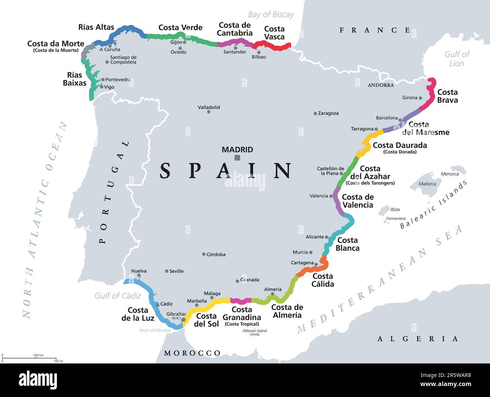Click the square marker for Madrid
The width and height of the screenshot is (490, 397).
pyautogui.click(x=237, y=158)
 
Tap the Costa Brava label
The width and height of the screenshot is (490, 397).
pyautogui.click(x=447, y=96)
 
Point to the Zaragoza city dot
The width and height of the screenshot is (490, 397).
pyautogui.click(x=315, y=113)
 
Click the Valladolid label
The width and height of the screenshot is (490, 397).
pyautogui.click(x=209, y=107)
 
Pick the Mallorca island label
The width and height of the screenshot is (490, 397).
pyautogui.click(x=427, y=184)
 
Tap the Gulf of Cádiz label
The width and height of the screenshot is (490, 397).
pyautogui.click(x=118, y=296)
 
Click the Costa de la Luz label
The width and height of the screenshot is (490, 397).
pyautogui.click(x=138, y=314)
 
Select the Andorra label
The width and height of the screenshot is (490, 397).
pyautogui.click(x=380, y=85)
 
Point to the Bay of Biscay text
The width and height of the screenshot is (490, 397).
pyautogui.click(x=271, y=15)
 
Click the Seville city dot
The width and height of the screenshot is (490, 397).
pyautogui.click(x=167, y=271)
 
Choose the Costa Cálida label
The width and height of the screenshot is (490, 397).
pyautogui.click(x=323, y=280)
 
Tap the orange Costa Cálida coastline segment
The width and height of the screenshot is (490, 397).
pyautogui.click(x=313, y=269)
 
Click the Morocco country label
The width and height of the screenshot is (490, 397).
pyautogui.click(x=192, y=353)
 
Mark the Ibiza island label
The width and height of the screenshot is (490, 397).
pyautogui.click(x=395, y=209)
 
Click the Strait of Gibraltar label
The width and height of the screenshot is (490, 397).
pyautogui.click(x=155, y=330)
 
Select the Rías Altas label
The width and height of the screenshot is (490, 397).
pyautogui.click(x=96, y=27)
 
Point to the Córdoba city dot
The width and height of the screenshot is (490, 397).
pyautogui.click(x=204, y=254)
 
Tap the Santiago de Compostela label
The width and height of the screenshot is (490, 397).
pyautogui.click(x=123, y=60)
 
